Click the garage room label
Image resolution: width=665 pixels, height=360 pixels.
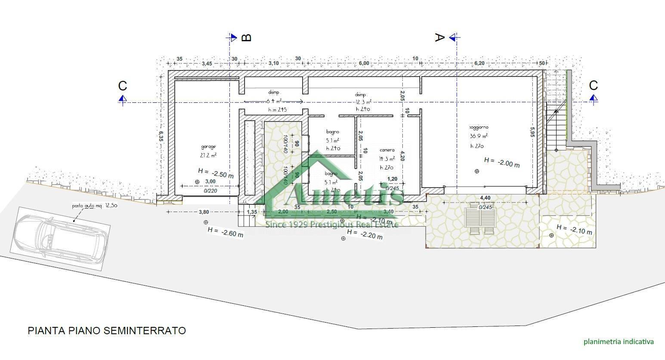(x=208, y=147)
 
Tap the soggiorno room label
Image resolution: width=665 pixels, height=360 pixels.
(x=479, y=127)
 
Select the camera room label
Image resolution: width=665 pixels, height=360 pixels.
(x=387, y=150)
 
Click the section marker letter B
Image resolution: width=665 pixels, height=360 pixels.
(x=246, y=38)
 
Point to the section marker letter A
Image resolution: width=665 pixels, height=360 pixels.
(x=438, y=38)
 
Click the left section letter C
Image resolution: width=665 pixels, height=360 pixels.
(x=123, y=86)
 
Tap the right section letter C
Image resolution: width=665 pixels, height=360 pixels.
(x=593, y=85)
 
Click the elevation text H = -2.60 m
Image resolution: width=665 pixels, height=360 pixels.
(x=225, y=232)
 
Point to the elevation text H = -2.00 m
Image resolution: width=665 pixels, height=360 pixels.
(x=501, y=162)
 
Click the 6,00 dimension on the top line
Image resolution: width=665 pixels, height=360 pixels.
(x=364, y=64)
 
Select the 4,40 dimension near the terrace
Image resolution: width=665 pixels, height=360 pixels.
(x=485, y=198)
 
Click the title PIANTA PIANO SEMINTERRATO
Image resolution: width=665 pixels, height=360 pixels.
(x=107, y=330)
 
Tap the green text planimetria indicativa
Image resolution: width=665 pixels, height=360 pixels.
(x=619, y=342)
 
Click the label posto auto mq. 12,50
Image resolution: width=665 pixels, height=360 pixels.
(x=94, y=206)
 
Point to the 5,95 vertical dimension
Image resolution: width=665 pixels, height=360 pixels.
(x=532, y=132)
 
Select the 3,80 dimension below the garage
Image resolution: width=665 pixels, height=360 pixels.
(x=204, y=212)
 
